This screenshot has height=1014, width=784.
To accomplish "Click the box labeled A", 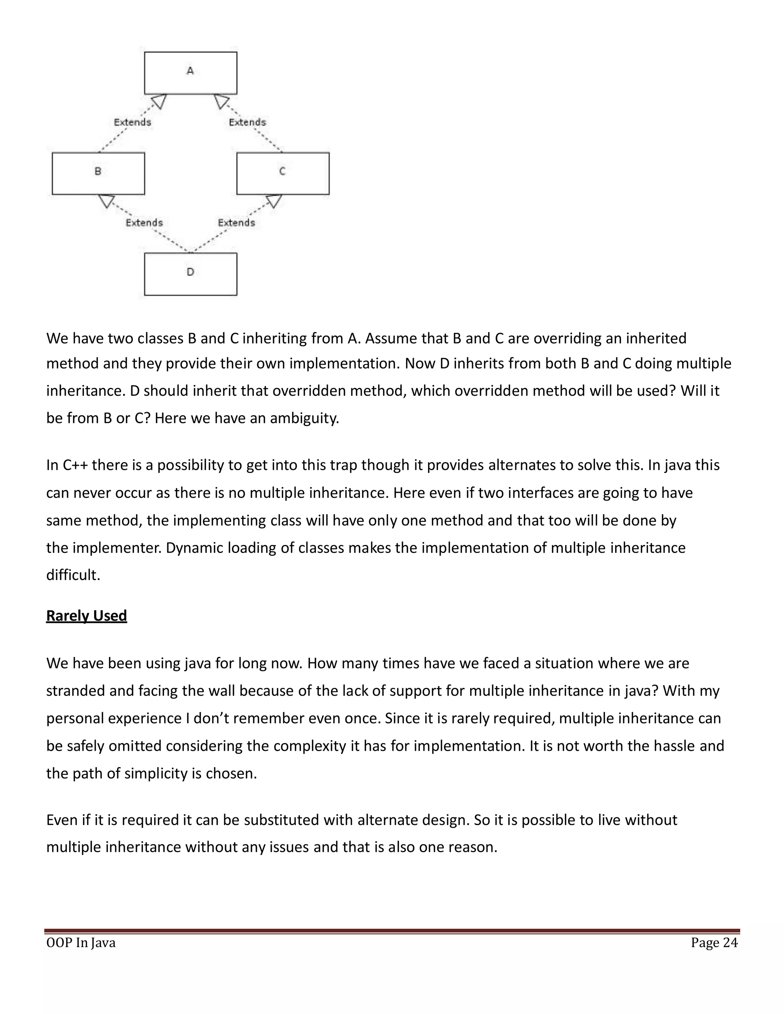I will [190, 73].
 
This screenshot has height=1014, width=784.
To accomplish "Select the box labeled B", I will [98, 173].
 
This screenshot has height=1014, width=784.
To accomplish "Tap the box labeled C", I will [283, 173].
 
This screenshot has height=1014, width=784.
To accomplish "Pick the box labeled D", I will [190, 274].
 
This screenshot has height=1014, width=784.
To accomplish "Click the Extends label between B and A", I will [132, 122].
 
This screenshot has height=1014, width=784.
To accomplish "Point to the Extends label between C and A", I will [248, 122].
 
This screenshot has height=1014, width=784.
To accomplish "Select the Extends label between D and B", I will [144, 223].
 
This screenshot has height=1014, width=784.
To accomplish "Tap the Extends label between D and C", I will [237, 223].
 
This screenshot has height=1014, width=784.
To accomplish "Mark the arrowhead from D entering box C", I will [274, 201].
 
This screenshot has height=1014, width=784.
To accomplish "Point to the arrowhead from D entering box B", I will [107, 201].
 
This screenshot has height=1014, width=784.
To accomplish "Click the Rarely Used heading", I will [87, 616].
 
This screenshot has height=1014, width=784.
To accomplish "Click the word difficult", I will [73, 575].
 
